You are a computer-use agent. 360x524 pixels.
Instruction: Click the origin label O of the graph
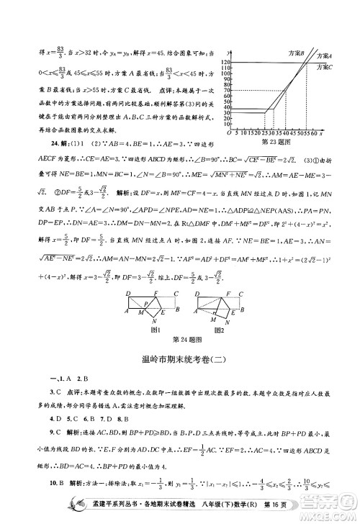point(229,133)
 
